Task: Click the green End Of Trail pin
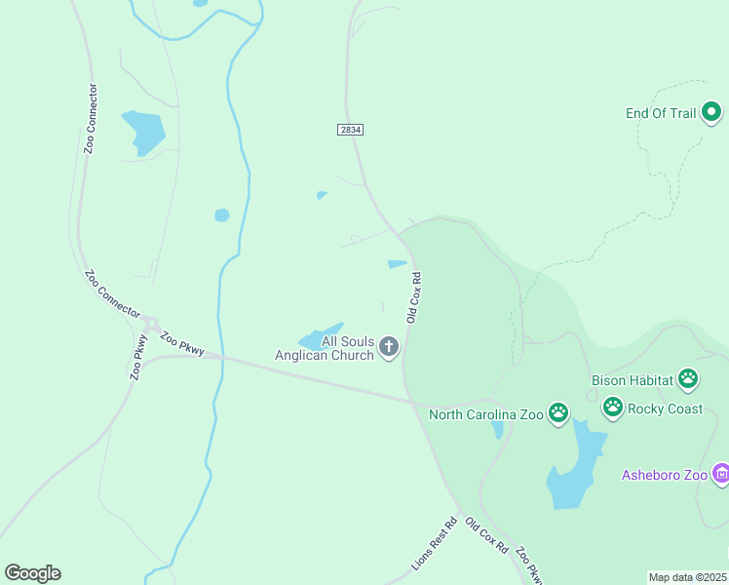pos(711,113)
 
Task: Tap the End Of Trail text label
pos(661,114)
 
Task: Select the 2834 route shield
pos(351,130)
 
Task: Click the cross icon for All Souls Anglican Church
pos(389,347)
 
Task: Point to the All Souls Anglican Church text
pos(326,349)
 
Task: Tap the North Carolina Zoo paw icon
pos(557,414)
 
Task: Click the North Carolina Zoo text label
pos(485,415)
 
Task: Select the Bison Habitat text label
pos(633,380)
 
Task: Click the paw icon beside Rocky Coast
pos(612,408)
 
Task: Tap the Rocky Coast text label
pos(665,409)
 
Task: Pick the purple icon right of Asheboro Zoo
pos(721,475)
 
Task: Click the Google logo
pos(32,573)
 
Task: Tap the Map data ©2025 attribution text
pos(688,577)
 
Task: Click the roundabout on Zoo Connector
pos(149,324)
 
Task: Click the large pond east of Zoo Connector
pos(143,132)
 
